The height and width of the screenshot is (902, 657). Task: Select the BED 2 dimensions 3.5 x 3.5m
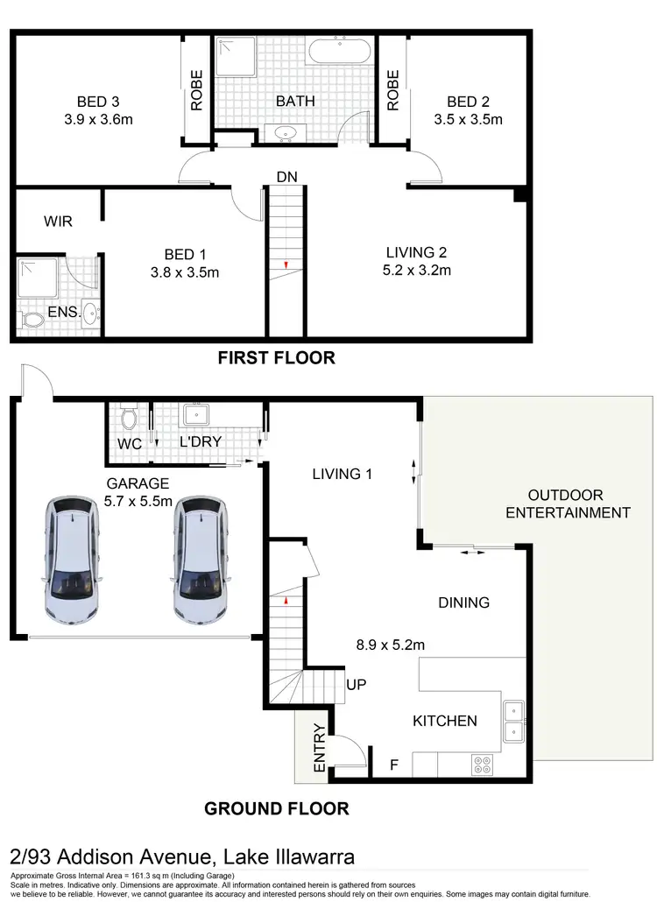tap(469, 120)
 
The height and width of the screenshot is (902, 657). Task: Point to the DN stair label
tap(286, 177)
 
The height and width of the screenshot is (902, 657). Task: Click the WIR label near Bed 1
tap(58, 222)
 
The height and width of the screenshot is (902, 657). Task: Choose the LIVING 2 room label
tap(418, 252)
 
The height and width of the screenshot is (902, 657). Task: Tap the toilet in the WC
tap(129, 413)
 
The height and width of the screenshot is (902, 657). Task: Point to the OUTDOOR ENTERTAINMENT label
tap(567, 504)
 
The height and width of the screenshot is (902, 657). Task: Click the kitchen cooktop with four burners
tap(482, 764)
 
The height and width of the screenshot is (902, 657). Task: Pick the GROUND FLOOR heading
tap(277, 808)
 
